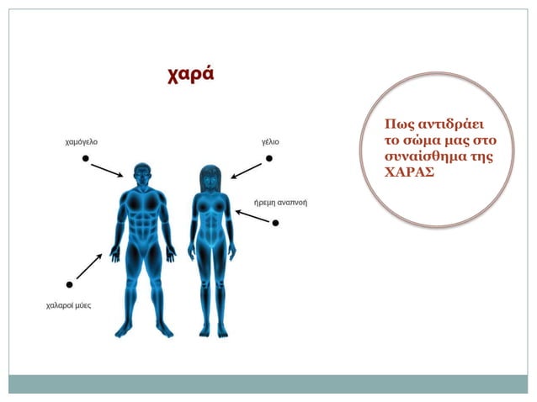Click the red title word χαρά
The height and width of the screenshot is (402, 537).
191,74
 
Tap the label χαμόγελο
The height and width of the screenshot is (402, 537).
81,142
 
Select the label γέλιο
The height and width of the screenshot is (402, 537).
270,142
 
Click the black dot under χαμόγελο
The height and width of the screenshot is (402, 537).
85,158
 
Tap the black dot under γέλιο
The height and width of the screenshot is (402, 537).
268,158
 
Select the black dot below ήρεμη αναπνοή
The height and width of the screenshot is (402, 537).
275,223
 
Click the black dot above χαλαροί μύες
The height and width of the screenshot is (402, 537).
69,285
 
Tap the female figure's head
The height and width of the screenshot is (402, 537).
210,177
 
